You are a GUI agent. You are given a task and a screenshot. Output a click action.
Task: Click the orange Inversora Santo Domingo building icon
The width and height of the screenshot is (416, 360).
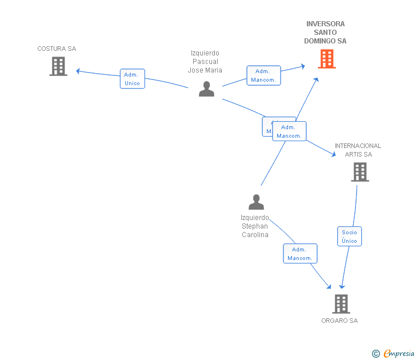327,59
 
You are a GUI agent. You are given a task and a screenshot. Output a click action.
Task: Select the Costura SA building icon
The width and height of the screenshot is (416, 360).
58,66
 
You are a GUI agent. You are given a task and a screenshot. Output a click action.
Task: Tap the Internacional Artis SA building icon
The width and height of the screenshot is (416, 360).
359,172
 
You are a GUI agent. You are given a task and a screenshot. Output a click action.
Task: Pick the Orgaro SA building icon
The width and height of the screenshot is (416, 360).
341,304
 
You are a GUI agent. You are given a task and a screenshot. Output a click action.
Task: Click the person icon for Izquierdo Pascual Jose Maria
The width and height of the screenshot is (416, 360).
206,89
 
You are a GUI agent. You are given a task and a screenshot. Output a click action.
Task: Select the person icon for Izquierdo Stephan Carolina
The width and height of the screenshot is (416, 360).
256,202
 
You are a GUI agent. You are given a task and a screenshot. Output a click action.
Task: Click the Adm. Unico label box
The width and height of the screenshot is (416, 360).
132,79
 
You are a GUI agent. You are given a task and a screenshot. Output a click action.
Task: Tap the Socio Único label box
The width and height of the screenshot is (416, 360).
349,237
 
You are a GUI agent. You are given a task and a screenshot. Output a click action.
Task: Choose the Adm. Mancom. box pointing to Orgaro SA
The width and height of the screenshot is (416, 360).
300,254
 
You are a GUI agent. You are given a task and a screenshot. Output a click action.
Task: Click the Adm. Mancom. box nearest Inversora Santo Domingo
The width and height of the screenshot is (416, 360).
263,75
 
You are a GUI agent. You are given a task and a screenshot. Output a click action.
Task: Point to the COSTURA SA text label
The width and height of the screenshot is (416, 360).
57,49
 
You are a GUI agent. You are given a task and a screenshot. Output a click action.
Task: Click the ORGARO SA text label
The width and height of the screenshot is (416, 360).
339,321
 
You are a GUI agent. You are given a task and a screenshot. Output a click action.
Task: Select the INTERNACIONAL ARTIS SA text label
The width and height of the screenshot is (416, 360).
358,150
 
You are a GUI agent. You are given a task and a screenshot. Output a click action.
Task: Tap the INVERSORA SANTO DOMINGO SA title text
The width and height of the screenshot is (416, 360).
325,33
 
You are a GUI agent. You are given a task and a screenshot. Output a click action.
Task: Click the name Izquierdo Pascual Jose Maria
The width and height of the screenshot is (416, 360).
205,62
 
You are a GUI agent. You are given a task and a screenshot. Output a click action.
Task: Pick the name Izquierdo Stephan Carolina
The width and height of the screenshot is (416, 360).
255,226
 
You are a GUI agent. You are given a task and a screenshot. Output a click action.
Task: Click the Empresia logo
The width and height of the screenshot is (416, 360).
399,354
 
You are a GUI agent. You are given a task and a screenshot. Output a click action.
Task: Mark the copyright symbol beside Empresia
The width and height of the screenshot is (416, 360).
376,354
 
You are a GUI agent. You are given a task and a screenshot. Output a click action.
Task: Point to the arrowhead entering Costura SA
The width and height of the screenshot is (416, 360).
78,71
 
